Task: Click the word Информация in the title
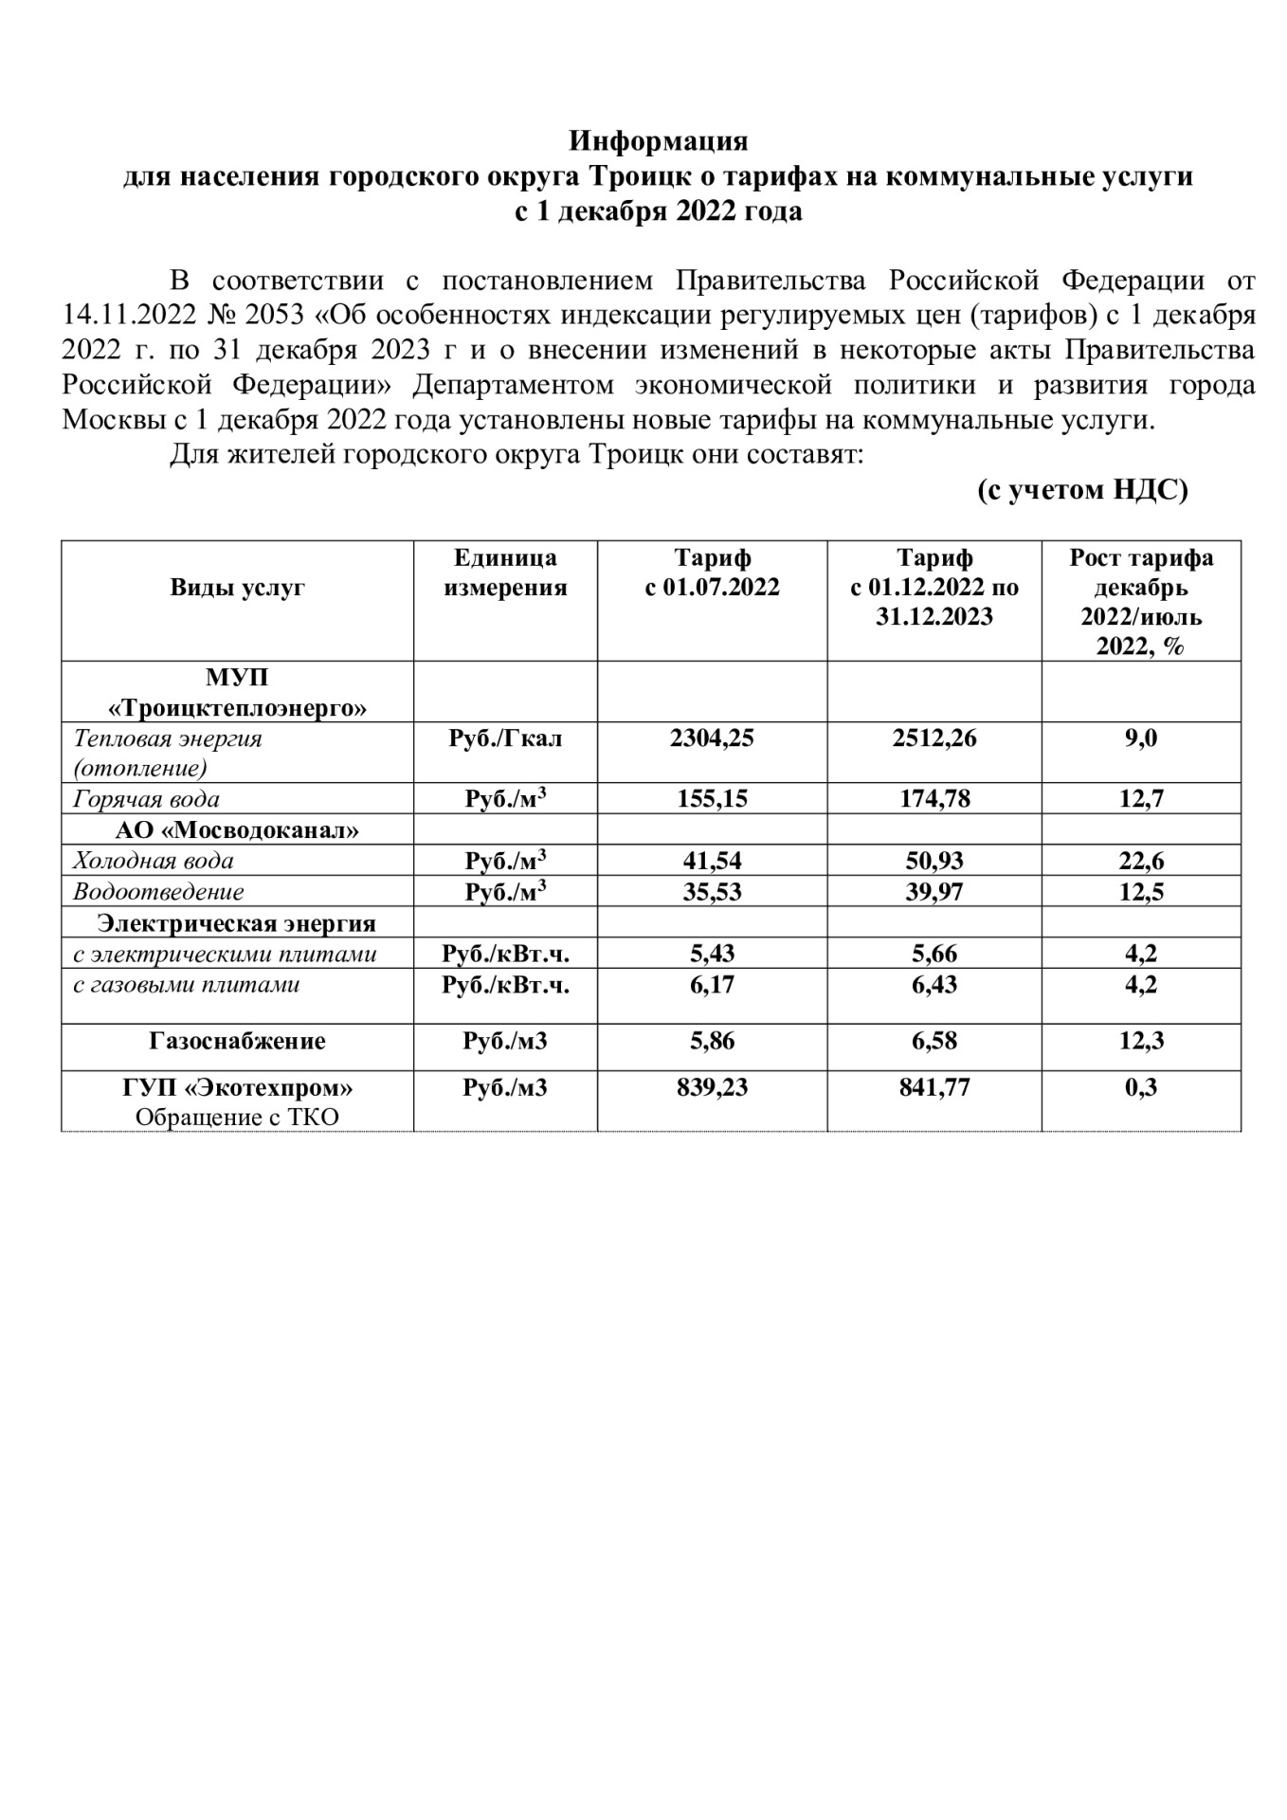[658, 142]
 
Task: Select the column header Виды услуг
[237, 588]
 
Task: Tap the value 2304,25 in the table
[712, 738]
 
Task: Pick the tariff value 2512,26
[934, 738]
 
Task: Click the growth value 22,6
[1141, 861]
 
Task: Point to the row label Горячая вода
[147, 799]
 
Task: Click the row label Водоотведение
[158, 892]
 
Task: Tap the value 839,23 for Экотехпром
[712, 1087]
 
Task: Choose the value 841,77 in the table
[934, 1087]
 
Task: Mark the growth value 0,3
[1141, 1087]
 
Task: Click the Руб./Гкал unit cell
[505, 738]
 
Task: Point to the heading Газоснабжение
[237, 1042]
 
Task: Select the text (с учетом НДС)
[1082, 490]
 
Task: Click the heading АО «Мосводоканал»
[237, 830]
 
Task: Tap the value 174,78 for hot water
[934, 799]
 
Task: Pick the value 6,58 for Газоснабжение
[934, 1042]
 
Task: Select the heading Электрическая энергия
[237, 923]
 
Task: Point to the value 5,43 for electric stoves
[712, 954]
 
